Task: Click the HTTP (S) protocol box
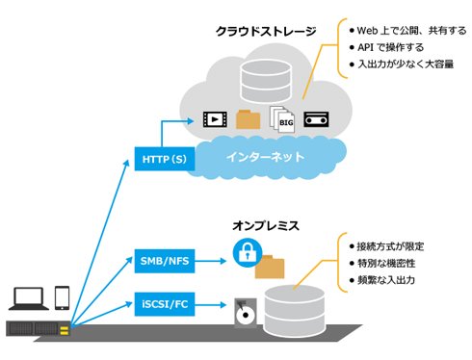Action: tap(165, 159)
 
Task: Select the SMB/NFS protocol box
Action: tap(165, 261)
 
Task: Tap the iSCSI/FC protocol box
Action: tap(165, 304)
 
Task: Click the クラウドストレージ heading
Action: tap(266, 31)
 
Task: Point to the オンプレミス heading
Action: tap(266, 225)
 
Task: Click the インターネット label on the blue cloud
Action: tap(265, 157)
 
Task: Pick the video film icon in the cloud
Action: tap(215, 119)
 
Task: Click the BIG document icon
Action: tap(282, 119)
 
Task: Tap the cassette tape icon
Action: tap(316, 119)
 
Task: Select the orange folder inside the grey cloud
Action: tap(248, 119)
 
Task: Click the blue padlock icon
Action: tap(248, 253)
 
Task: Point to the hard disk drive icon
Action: tap(246, 313)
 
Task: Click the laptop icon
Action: tap(29, 298)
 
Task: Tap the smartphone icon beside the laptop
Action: tap(62, 297)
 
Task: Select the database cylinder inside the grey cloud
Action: tap(266, 81)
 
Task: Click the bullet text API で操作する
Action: tap(390, 47)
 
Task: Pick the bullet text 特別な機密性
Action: tap(386, 264)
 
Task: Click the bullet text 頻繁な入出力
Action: tap(386, 280)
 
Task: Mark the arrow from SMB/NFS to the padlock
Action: tap(211, 261)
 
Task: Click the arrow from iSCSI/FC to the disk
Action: tap(211, 304)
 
